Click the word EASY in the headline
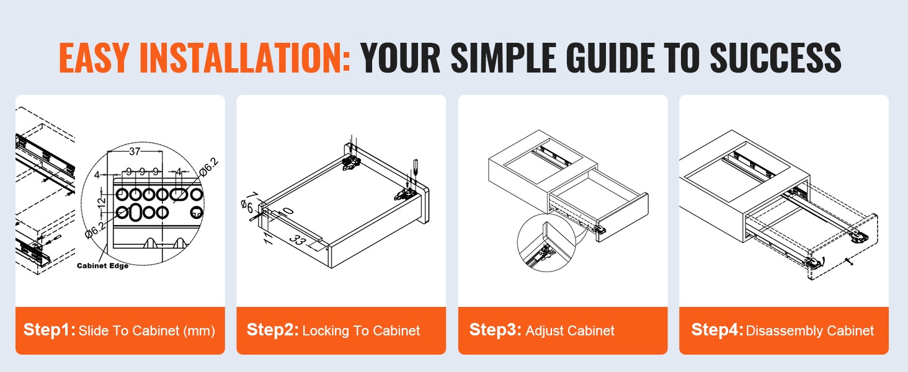pyautogui.click(x=94, y=58)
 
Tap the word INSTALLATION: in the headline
pyautogui.click(x=245, y=58)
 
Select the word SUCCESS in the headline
pyautogui.click(x=775, y=58)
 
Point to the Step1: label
pyautogui.click(x=50, y=329)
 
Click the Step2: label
pyautogui.click(x=272, y=329)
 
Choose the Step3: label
pyautogui.click(x=496, y=329)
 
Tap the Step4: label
pyautogui.click(x=717, y=329)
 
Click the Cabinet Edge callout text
pyautogui.click(x=102, y=266)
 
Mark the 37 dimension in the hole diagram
pyautogui.click(x=135, y=151)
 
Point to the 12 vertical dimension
pyautogui.click(x=101, y=201)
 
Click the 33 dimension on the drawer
pyautogui.click(x=298, y=240)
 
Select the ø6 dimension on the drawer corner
pyautogui.click(x=247, y=206)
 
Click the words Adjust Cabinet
pyautogui.click(x=570, y=330)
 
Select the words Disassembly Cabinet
pyautogui.click(x=809, y=330)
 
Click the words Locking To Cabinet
pyautogui.click(x=361, y=330)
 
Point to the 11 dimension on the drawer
pyautogui.click(x=267, y=238)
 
